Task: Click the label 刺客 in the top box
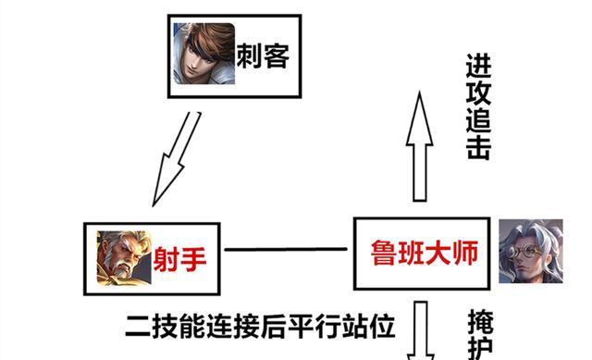tap(263, 56)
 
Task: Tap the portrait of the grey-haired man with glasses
tap(530, 251)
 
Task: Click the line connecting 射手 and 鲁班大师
tap(288, 250)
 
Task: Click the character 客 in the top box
tap(277, 56)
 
